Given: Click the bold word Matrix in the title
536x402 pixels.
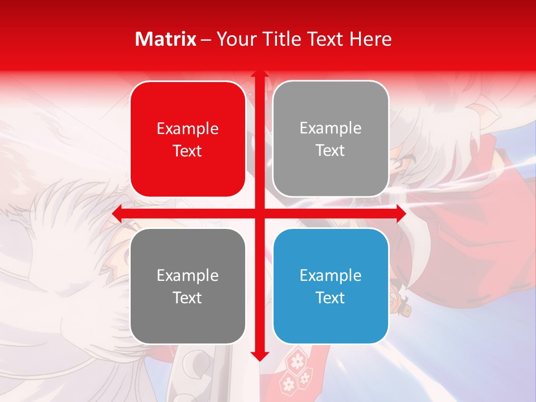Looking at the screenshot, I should [x=166, y=39].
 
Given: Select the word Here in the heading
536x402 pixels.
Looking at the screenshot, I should [x=370, y=39].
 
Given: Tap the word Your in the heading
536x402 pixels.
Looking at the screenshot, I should [x=237, y=39].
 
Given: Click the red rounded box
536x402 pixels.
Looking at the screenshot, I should [x=188, y=139].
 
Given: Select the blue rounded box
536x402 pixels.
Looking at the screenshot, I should [x=331, y=286].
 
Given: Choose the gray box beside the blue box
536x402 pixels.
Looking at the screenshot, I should [x=188, y=286].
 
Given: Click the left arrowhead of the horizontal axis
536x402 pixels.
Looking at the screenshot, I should [x=117, y=214].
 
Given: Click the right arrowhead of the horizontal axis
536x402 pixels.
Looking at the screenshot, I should [x=401, y=214].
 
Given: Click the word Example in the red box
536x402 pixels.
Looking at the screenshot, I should [x=188, y=128].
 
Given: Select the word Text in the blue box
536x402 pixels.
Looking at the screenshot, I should [x=331, y=298].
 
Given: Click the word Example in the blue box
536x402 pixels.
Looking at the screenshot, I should [x=331, y=275].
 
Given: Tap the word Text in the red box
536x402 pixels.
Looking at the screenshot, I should [x=188, y=151].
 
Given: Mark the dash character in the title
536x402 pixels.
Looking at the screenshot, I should [x=206, y=40].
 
